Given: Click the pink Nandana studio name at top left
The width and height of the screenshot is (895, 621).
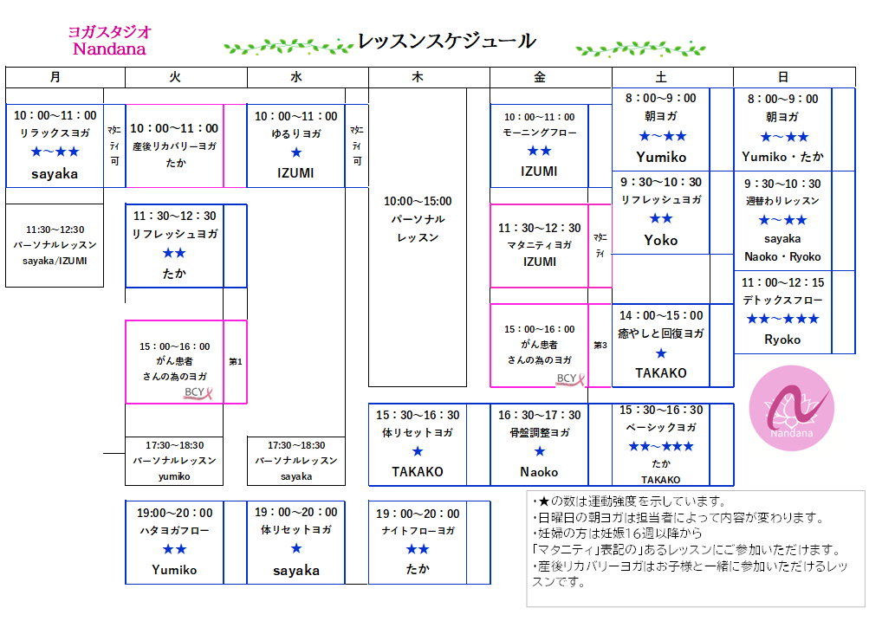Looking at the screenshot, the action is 109,49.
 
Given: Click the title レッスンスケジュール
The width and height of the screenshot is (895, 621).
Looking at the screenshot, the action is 446,41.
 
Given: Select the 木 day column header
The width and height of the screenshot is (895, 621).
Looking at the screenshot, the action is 418,76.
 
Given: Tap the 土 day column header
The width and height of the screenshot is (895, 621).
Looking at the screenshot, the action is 661,76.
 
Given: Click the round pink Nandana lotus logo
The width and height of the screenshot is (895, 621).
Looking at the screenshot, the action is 792,408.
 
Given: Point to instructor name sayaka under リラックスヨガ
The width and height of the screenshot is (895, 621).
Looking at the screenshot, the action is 55,173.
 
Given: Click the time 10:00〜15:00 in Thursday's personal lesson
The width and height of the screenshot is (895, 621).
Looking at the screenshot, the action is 418,201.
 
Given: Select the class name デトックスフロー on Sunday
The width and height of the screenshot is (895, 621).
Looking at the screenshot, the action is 782,301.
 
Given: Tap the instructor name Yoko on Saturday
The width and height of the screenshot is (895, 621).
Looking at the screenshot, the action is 661,240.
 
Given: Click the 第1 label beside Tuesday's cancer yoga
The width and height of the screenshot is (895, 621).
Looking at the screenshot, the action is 235,361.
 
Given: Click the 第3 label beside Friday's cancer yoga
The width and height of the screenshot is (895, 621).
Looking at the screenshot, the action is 600,345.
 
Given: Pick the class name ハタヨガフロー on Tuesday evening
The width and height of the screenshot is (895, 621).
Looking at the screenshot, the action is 175,530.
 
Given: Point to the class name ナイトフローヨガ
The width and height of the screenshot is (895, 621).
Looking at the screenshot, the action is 418,531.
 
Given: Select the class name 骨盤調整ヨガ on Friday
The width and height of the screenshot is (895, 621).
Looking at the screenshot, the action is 540,433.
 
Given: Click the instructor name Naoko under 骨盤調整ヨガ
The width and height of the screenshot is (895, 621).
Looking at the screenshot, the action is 540,472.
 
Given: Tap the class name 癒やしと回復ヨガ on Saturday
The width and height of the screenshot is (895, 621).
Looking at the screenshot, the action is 661,333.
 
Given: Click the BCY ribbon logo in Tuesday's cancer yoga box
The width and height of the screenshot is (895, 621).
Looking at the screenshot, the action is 198,392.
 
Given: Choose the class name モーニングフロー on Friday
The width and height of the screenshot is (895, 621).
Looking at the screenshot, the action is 540,133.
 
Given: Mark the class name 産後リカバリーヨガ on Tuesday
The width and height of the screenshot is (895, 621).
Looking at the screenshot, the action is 175,146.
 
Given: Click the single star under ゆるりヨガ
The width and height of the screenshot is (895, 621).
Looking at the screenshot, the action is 296,152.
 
